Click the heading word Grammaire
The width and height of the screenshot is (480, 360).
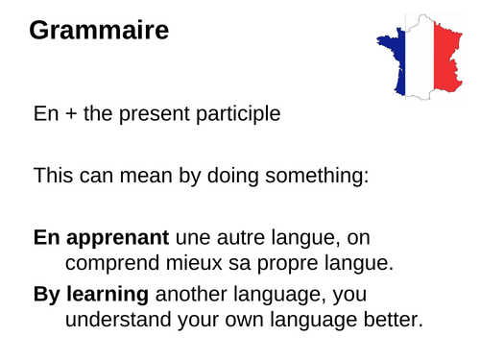pos(99,31)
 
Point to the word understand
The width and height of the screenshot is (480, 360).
pos(119,318)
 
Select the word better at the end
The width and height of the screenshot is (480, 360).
pos(392,318)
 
